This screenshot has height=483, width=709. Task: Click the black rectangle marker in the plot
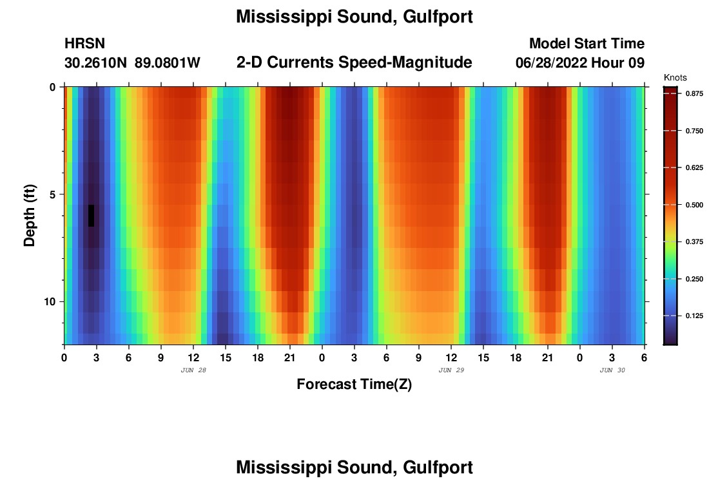tap(91, 216)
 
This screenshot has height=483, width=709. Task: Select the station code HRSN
tap(84, 44)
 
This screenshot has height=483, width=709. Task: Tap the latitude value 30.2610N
tap(95, 63)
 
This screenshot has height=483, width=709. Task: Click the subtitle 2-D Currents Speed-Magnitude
tap(354, 62)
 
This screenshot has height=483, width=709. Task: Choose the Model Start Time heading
tap(587, 44)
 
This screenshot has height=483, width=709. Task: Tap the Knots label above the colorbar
tap(675, 77)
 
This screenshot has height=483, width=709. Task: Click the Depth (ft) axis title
tap(29, 216)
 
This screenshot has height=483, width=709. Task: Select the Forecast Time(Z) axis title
tap(354, 384)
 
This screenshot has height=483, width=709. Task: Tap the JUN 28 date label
tap(193, 370)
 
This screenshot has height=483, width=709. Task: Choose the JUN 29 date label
tap(451, 370)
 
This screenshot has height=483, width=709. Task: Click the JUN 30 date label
tap(612, 370)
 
